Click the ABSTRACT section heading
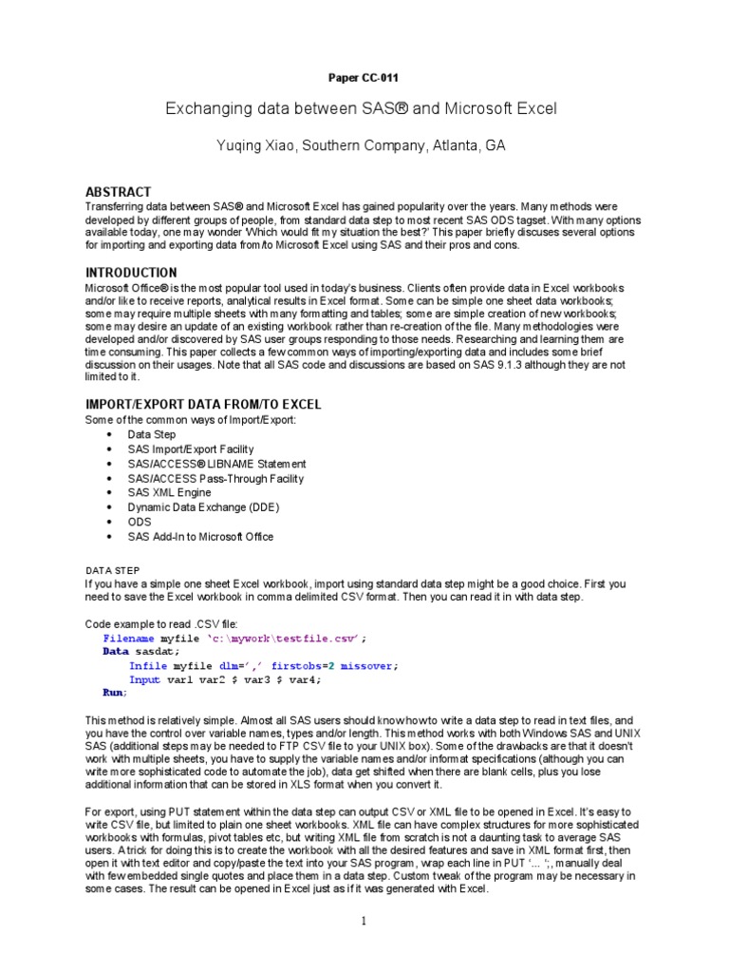(x=119, y=192)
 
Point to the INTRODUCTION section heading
(x=131, y=273)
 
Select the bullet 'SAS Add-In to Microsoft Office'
(x=200, y=537)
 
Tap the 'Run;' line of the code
(x=115, y=693)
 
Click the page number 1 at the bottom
(x=364, y=922)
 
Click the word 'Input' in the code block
(x=145, y=679)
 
